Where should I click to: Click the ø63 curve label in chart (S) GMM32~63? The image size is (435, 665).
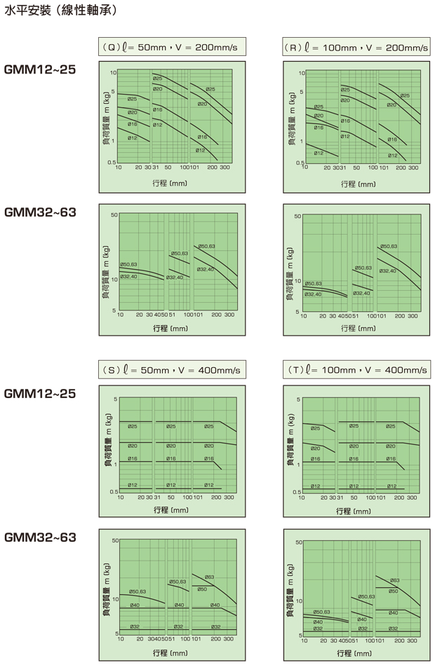coord(209,577)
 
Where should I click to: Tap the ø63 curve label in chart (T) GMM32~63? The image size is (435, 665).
coord(394,580)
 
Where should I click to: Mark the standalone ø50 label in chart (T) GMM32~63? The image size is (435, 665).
coord(393,591)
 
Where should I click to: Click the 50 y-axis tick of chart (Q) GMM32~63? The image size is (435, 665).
coord(114,213)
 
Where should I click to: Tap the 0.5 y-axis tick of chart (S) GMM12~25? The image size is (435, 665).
coord(112,492)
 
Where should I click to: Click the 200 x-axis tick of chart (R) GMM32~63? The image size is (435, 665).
coord(394,316)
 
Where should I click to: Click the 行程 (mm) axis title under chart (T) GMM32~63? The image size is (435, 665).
coord(356,653)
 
